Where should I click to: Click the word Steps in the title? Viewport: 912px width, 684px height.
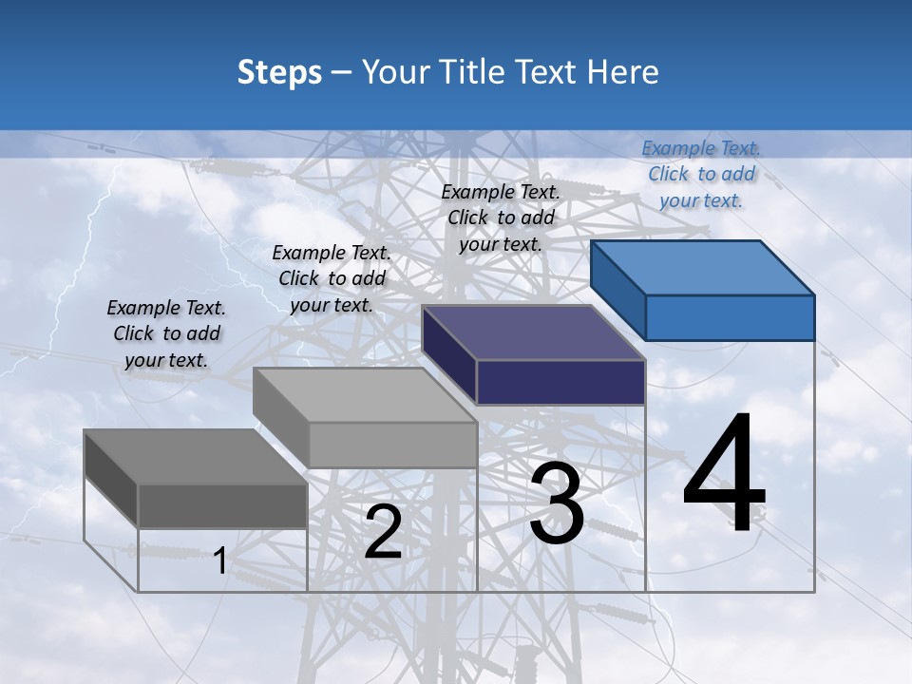coord(279,72)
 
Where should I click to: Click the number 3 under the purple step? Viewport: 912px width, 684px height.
coord(557,504)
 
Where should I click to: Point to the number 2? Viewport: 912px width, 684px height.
coord(383,532)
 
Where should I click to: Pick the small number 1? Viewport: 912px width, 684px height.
coord(219,561)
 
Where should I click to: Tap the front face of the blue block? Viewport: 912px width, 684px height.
coord(730,317)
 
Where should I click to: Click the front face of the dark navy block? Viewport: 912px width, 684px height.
coord(560,382)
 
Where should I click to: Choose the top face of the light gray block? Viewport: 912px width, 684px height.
coord(365,394)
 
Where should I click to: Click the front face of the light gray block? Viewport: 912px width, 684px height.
coord(391,445)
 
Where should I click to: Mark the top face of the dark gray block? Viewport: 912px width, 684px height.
coord(196,456)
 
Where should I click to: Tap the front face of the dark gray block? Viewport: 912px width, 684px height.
coord(222,505)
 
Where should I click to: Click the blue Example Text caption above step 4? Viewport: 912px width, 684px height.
coord(701,174)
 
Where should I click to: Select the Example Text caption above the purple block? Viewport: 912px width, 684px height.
coord(501,218)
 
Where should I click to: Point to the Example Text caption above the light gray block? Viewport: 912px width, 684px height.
coord(332,278)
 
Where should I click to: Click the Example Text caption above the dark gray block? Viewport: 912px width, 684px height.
coord(166,333)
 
